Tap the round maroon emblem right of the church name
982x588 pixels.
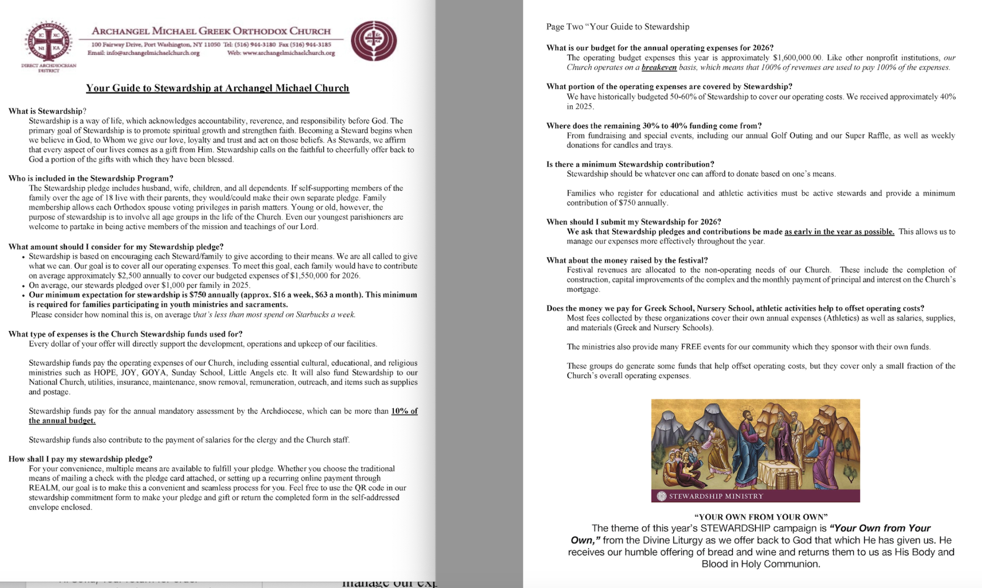pos(374,41)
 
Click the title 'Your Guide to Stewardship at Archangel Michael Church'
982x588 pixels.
pos(217,88)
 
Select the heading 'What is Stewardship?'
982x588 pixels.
pos(47,111)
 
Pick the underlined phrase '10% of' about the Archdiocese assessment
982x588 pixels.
pos(404,411)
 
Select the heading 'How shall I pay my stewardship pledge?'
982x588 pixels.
pos(80,459)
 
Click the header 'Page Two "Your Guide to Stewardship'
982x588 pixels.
pos(617,27)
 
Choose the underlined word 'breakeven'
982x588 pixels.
pos(659,67)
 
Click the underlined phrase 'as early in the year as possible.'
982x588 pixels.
pos(839,231)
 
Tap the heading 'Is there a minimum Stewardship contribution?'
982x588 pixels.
pos(630,164)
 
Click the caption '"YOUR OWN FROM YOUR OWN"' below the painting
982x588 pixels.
pos(761,516)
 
